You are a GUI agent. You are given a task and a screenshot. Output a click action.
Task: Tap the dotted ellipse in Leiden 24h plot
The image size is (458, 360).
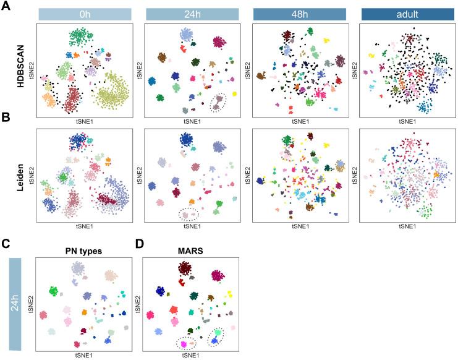(x=189, y=215)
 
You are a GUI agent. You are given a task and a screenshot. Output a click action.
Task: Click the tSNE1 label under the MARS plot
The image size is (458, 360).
(x=192, y=354)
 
